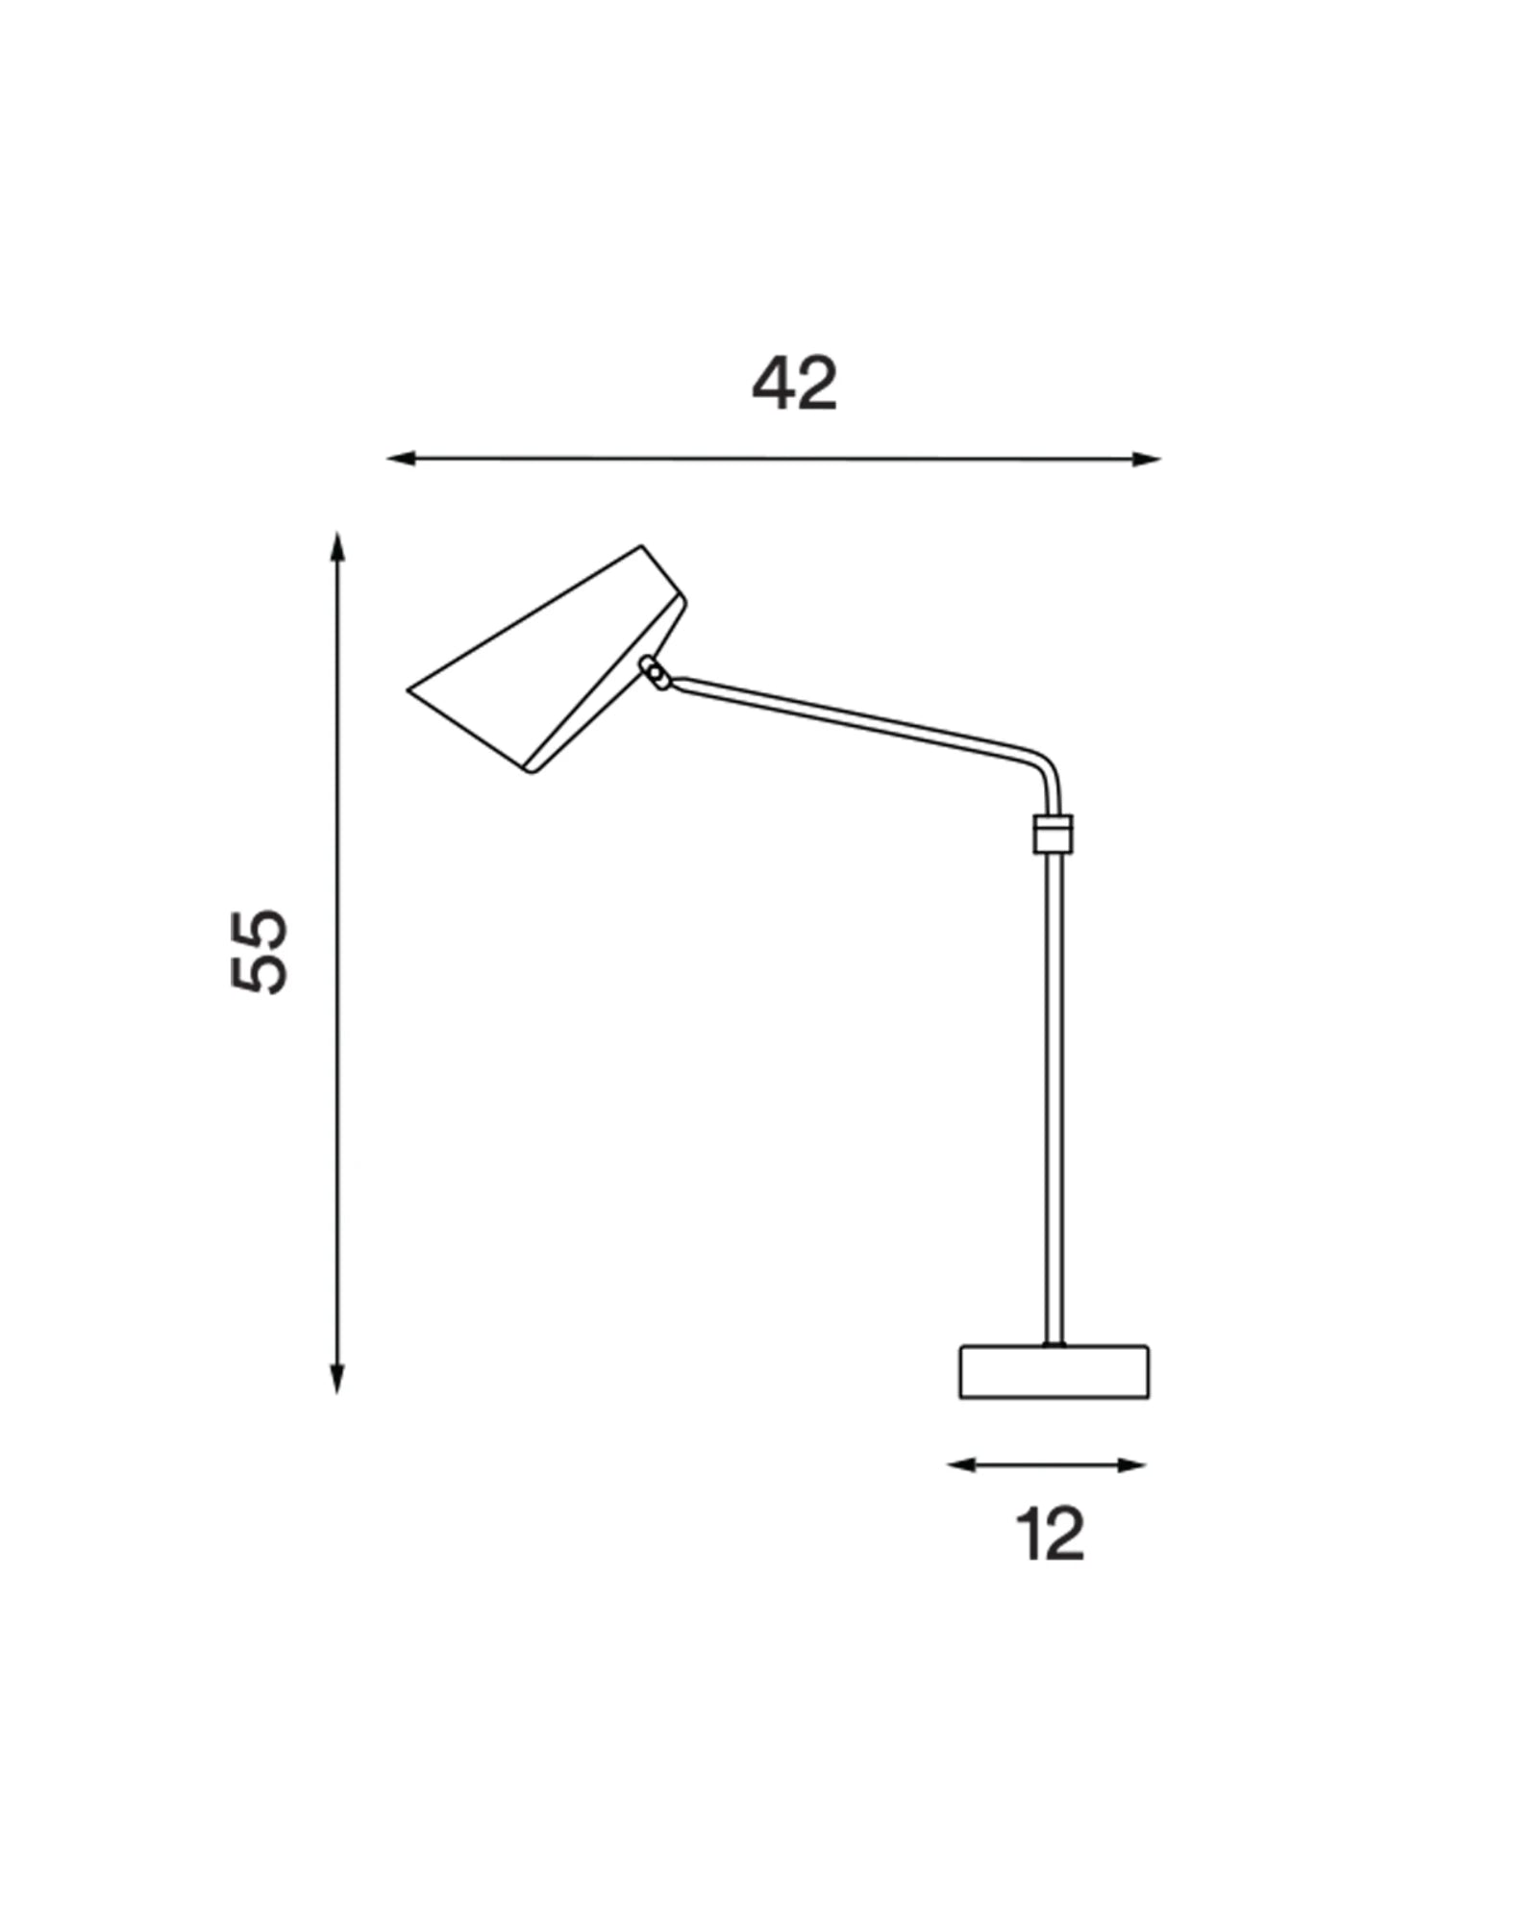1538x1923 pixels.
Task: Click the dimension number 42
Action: [794, 384]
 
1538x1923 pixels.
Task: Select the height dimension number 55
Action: [260, 950]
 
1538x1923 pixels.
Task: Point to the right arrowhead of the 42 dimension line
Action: [1147, 459]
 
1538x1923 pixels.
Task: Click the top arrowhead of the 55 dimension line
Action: [336, 547]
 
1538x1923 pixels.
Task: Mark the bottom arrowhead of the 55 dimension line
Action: [336, 1379]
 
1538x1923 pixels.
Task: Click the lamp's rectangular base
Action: [1054, 1371]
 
